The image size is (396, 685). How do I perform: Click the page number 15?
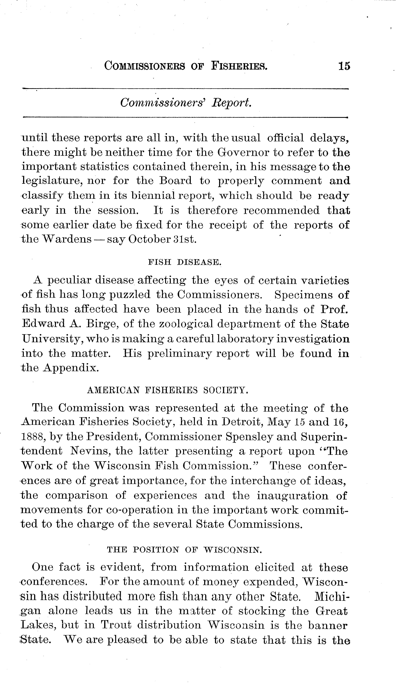pyautogui.click(x=344, y=66)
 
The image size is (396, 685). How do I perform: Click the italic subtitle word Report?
pyautogui.click(x=231, y=103)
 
